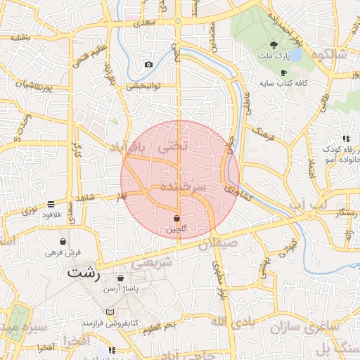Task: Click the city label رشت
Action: (x=84, y=272)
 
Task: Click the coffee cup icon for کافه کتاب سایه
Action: (x=283, y=72)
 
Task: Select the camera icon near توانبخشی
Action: (x=148, y=65)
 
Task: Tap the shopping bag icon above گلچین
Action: (x=176, y=219)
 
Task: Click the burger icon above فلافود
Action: (x=51, y=204)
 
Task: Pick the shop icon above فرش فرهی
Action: (x=64, y=241)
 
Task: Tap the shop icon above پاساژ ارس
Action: (x=122, y=278)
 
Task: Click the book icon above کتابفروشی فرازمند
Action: (x=108, y=311)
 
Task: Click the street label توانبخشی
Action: (x=144, y=86)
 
